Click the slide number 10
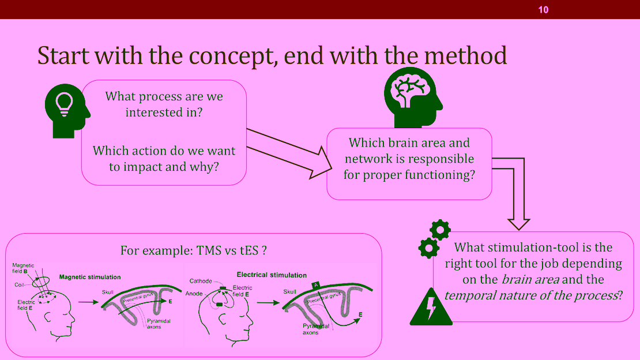click(543, 10)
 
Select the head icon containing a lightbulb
click(67, 111)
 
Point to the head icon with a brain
click(413, 97)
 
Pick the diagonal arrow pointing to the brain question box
click(289, 153)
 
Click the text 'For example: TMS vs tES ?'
click(194, 250)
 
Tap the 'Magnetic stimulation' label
click(90, 277)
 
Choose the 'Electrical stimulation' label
click(272, 275)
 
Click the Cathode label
click(201, 281)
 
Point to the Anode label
click(194, 294)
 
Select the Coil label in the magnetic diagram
click(19, 285)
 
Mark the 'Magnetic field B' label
click(23, 268)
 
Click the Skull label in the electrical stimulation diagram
click(289, 292)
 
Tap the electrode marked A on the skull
click(316, 285)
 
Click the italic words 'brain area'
click(530, 279)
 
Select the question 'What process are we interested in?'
click(164, 104)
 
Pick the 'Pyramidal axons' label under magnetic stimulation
click(159, 324)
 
